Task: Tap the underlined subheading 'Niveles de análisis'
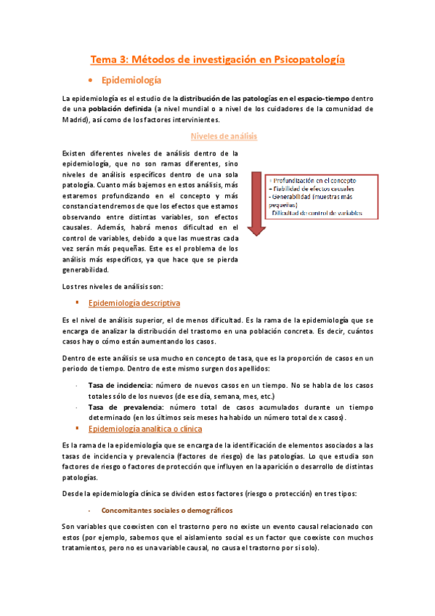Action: coord(223,136)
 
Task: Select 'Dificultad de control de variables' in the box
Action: coord(317,213)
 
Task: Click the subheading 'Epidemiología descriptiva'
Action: coord(134,302)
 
